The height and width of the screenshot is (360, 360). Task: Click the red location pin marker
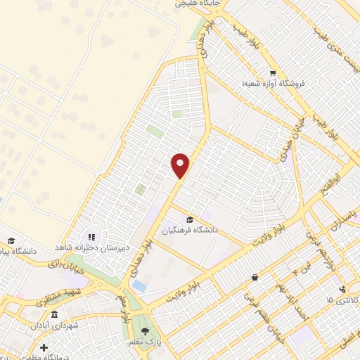(x=181, y=165)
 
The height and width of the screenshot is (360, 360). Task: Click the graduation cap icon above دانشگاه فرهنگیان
(x=191, y=219)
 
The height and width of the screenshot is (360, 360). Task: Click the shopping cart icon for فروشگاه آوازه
(x=272, y=73)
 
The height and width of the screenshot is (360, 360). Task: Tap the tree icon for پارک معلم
(x=146, y=330)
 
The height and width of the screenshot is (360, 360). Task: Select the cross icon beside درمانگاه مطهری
(x=44, y=347)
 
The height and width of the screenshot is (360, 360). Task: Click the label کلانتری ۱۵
(x=342, y=300)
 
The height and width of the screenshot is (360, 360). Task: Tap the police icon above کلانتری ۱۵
(x=342, y=289)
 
